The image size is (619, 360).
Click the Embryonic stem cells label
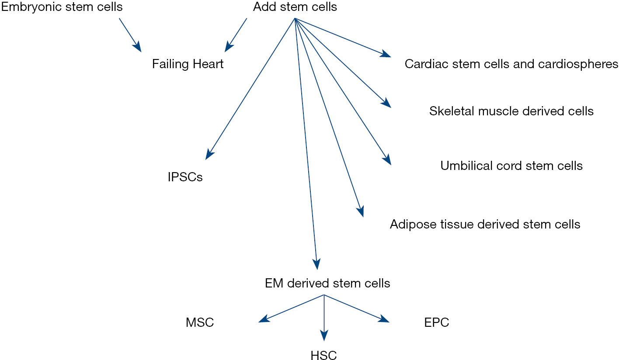tap(62, 7)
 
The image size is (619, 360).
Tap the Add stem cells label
tap(295, 7)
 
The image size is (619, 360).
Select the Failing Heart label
tap(188, 64)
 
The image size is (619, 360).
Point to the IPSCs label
tap(185, 177)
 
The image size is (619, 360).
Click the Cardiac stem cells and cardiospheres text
tap(511, 64)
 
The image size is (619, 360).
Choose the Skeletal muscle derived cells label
tap(511, 111)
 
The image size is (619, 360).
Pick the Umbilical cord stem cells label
tap(511, 166)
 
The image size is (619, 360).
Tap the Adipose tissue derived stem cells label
tap(485, 224)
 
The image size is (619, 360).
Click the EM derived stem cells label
tap(327, 283)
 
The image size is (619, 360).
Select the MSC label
tap(200, 323)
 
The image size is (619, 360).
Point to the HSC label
tap(324, 355)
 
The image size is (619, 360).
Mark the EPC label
tap(436, 323)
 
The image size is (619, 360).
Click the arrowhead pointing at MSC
tap(263, 320)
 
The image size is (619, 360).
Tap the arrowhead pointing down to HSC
tap(324, 336)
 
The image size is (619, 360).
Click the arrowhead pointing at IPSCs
tap(209, 154)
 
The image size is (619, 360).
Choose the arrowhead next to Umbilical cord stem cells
tap(387, 160)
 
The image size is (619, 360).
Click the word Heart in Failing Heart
tap(208, 64)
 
